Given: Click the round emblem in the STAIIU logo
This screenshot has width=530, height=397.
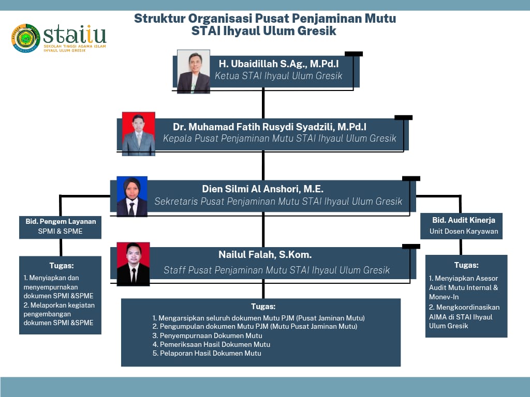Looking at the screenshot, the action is [x=26, y=38].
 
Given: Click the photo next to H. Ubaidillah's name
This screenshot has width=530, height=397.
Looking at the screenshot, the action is [x=194, y=71].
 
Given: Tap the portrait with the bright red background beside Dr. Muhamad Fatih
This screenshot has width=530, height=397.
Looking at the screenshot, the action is [x=139, y=134].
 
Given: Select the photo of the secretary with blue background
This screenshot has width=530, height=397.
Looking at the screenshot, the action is [x=132, y=196].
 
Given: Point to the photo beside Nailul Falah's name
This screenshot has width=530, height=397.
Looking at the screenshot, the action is [x=133, y=264].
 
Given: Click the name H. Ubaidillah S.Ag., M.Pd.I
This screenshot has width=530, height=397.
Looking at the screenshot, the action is [x=278, y=64].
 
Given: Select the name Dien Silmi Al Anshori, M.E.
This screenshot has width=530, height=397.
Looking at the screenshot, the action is [x=262, y=189].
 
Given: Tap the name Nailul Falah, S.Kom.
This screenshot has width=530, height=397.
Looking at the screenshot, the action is [x=265, y=254].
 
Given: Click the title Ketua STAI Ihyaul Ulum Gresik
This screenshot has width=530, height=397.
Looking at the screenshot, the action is [x=278, y=75].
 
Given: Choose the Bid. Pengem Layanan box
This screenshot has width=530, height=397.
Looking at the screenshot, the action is [x=60, y=227].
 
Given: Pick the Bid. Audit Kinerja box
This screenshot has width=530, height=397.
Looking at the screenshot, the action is [x=461, y=226].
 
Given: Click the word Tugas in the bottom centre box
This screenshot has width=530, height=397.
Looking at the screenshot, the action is [x=263, y=307].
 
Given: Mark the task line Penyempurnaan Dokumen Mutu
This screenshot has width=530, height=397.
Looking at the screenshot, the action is [x=207, y=335].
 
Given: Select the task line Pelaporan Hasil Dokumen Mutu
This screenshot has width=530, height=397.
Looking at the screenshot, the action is [x=207, y=353].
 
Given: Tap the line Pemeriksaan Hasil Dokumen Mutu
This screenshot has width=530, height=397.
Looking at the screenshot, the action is [x=211, y=344].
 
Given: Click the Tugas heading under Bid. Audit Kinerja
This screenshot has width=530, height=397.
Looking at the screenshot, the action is [x=466, y=265].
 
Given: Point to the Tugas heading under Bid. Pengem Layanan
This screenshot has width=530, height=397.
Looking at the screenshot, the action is [x=62, y=266].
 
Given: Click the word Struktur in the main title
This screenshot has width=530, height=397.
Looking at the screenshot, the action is [x=159, y=18].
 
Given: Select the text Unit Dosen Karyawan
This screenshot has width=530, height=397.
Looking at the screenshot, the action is [x=464, y=231].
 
